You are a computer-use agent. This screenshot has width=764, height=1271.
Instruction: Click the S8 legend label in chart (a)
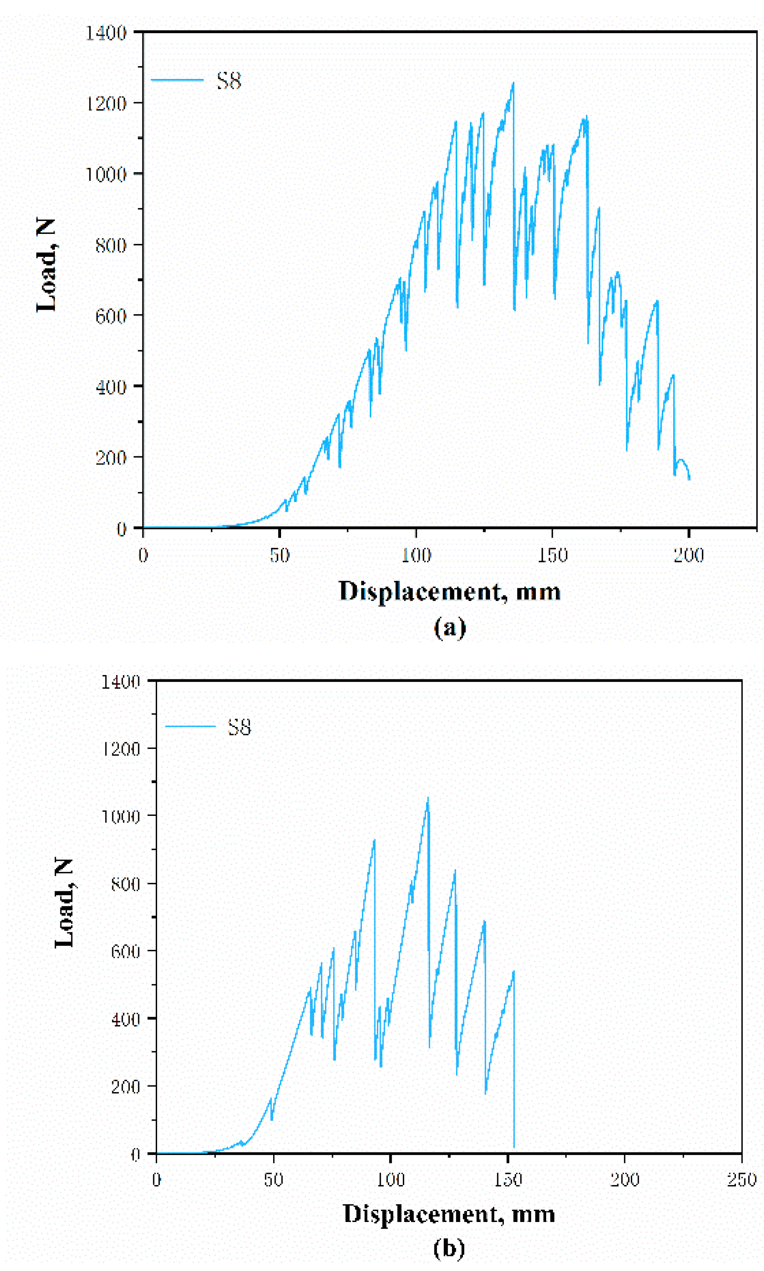[x=229, y=81]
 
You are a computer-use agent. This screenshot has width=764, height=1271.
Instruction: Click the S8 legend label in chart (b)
[x=240, y=727]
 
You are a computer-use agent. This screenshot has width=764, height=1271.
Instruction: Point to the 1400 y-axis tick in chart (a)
[x=106, y=34]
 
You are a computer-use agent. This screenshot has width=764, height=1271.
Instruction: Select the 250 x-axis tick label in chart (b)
[x=741, y=1180]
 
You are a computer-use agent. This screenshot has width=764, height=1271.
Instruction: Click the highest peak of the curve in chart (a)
[x=513, y=83]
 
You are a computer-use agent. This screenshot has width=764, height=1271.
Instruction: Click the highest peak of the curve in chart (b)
[x=427, y=799]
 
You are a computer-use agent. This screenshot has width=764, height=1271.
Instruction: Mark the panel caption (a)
[x=449, y=628]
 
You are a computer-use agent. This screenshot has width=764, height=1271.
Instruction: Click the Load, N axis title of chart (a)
[x=46, y=265]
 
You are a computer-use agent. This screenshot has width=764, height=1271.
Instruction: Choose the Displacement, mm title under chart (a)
[x=449, y=591]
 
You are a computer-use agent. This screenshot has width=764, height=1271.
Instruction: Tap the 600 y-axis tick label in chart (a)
[x=111, y=316]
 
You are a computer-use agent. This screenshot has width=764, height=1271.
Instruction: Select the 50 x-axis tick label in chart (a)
[x=279, y=556]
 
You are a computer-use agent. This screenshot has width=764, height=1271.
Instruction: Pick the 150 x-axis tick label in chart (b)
[x=508, y=1180]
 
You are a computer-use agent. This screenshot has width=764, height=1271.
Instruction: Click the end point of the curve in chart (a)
[x=689, y=479]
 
